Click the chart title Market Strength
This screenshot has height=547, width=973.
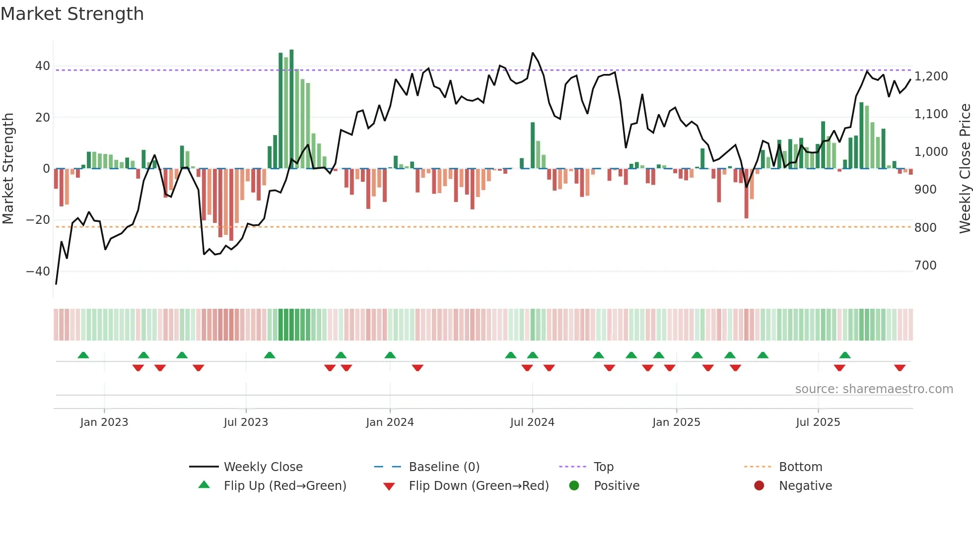[x=72, y=14]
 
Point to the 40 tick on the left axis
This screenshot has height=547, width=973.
[x=43, y=66]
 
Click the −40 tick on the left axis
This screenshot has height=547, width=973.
[x=38, y=272]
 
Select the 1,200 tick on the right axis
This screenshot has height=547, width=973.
[x=931, y=76]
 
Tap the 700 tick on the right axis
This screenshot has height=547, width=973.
[x=925, y=266]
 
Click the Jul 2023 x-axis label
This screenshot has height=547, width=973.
[x=246, y=422]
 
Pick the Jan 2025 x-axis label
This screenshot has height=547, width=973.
[x=676, y=422]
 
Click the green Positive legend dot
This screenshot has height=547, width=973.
[x=574, y=486]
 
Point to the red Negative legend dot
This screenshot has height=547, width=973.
[x=759, y=486]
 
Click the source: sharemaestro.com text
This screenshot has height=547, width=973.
[x=874, y=389]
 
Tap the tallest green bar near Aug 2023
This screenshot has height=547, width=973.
[x=291, y=109]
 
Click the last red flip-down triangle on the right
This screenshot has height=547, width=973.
[x=900, y=368]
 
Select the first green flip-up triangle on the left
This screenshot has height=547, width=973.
[x=83, y=355]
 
